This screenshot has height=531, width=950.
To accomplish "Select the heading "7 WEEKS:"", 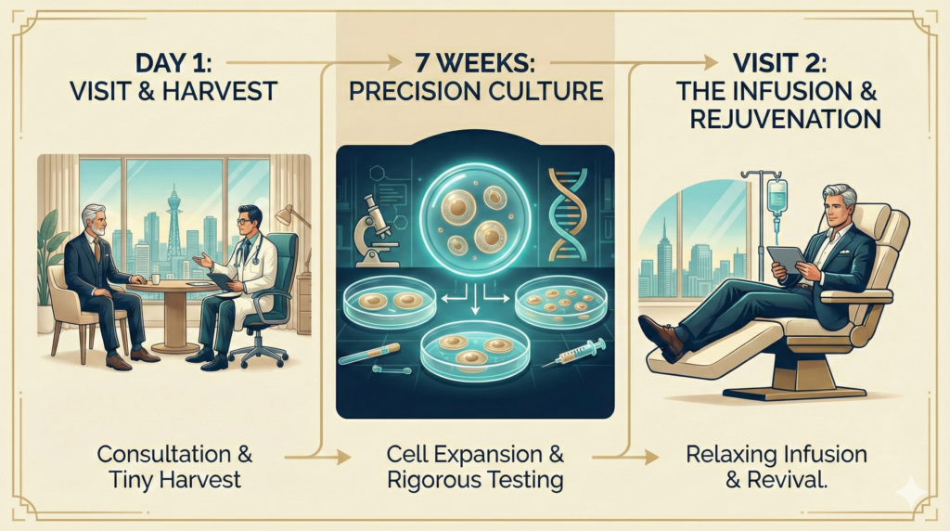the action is [474, 63].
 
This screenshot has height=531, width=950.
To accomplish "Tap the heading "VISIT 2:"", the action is [779, 63].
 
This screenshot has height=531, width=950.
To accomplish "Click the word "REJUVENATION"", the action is [785, 120].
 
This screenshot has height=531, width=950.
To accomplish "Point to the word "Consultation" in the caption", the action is [164, 454].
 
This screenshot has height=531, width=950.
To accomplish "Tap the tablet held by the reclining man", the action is [786, 258].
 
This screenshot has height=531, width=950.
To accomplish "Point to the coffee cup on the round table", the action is [156, 278].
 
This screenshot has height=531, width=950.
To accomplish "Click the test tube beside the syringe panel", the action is [368, 354].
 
